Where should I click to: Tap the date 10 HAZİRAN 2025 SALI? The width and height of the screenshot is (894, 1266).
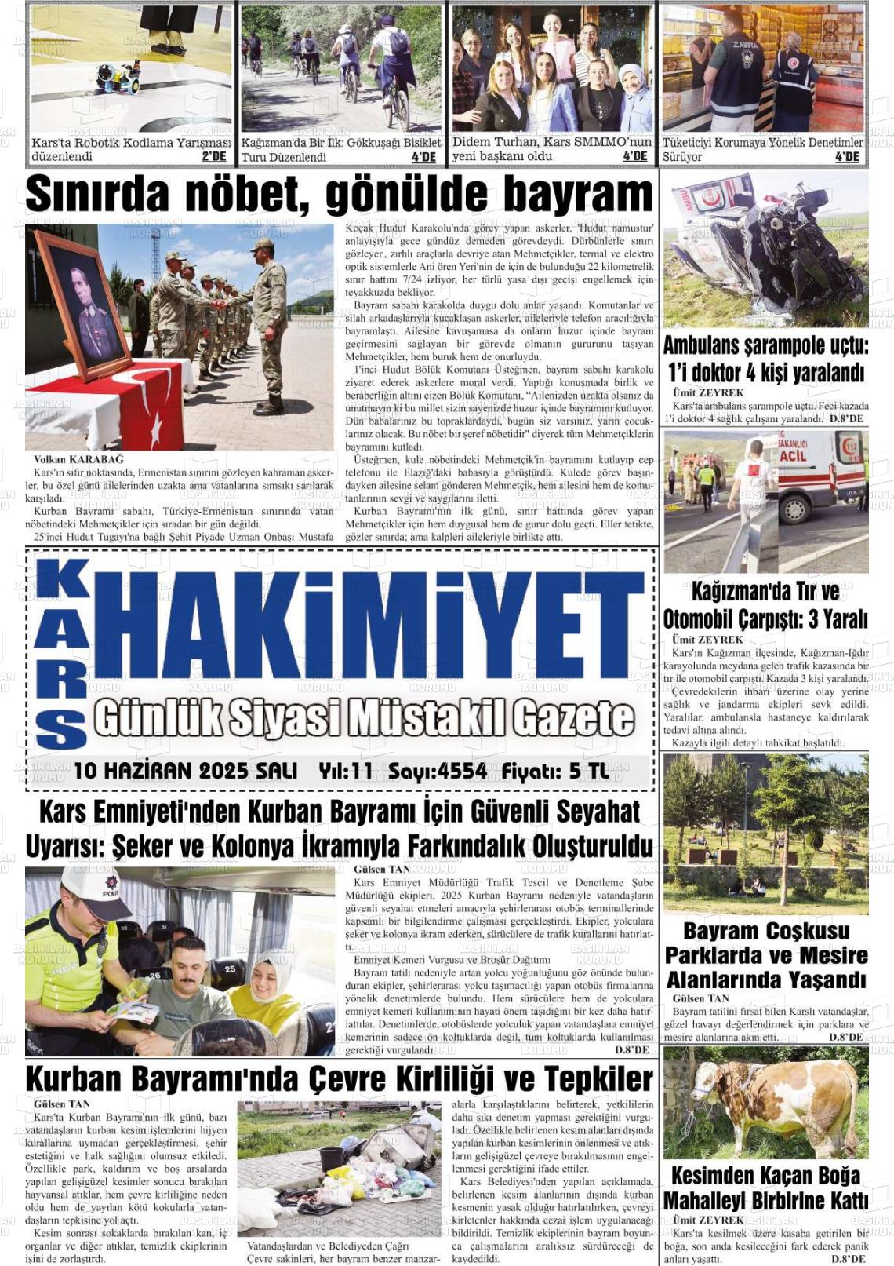click(185, 771)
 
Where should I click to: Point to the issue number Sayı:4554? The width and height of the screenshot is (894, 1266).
click(438, 771)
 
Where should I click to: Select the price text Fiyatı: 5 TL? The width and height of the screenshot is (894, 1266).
click(555, 771)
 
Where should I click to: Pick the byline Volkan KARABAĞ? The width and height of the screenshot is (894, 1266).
click(78, 459)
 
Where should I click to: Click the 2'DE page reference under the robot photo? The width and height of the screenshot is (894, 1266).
click(214, 157)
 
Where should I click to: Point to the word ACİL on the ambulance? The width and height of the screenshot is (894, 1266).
click(792, 456)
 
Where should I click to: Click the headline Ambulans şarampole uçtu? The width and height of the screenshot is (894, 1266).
click(765, 345)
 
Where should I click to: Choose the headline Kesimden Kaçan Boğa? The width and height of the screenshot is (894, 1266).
click(765, 1176)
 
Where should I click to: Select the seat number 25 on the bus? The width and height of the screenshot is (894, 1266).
click(229, 969)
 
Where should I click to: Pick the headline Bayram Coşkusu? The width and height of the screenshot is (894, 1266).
click(765, 932)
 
